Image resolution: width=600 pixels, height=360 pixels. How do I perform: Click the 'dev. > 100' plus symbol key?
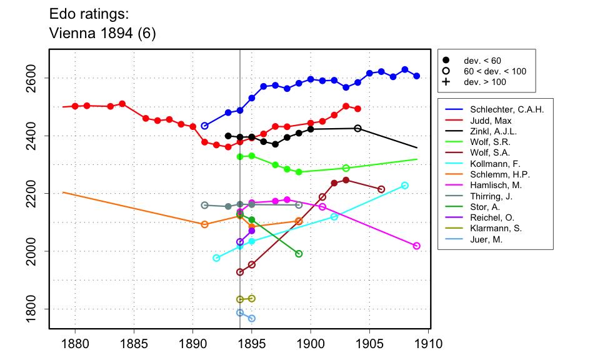[446, 82]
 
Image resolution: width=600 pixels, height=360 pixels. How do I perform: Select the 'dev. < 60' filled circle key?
[446, 61]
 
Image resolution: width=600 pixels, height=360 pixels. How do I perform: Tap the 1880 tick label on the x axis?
[75, 344]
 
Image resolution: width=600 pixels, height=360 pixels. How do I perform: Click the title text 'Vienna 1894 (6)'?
[102, 34]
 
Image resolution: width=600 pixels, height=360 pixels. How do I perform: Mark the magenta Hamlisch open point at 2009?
[417, 246]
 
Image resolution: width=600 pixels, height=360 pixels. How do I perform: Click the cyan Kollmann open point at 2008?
[405, 186]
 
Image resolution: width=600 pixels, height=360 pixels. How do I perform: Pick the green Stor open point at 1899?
[299, 254]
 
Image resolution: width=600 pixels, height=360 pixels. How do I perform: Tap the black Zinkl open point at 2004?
[357, 128]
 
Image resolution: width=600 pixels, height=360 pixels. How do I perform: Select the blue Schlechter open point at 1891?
[204, 126]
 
